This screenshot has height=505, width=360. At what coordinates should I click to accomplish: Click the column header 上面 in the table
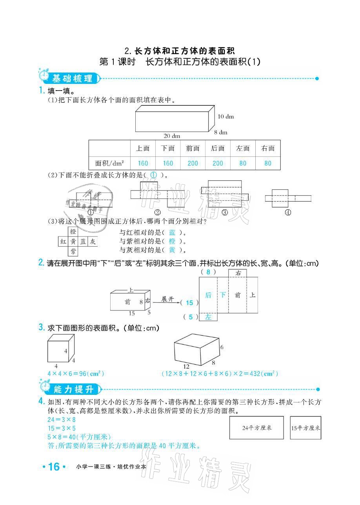point(143,148)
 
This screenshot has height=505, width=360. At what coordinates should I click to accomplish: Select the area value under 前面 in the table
point(193,163)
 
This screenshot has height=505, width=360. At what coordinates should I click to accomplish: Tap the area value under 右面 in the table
point(268,163)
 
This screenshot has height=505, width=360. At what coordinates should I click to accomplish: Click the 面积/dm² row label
point(109,163)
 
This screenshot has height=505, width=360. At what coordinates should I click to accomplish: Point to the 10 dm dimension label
point(225,116)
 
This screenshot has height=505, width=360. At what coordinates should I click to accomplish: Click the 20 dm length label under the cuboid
point(171,136)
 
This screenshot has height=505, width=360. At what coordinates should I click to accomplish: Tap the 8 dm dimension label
point(221,132)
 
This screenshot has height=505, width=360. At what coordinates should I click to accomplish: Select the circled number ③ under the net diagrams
point(225,213)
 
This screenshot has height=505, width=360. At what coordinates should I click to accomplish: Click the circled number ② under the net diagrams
point(158,213)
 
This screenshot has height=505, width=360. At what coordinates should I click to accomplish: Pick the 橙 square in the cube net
point(73,232)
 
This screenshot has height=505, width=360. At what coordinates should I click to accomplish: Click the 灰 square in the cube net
point(93,242)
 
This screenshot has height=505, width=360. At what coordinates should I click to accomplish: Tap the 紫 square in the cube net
point(73,251)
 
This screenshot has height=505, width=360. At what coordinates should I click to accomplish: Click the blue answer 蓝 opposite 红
point(172,233)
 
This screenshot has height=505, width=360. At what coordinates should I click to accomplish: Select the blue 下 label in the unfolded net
point(222,295)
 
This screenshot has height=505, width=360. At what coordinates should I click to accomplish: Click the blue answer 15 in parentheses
point(189,303)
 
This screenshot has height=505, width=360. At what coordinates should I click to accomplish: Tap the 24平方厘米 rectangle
point(256,428)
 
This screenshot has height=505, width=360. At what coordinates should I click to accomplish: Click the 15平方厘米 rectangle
point(305,428)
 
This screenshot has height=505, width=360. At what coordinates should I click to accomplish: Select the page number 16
point(54,467)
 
